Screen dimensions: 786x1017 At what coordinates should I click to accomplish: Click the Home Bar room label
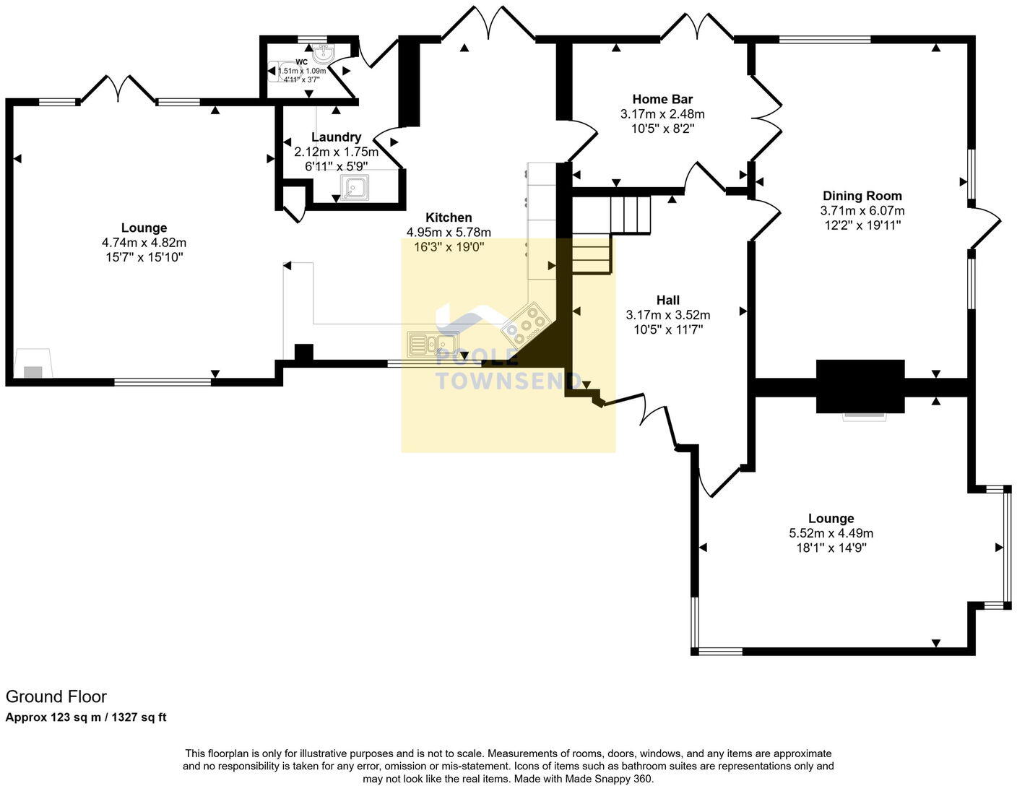662,100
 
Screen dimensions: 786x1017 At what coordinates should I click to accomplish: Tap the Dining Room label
862,196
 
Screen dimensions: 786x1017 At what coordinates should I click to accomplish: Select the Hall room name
667,300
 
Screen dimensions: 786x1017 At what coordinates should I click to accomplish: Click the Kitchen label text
449,217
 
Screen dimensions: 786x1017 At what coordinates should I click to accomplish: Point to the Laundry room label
336,137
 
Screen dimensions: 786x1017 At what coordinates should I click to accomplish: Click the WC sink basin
323,52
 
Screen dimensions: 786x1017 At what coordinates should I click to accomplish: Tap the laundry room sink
354,189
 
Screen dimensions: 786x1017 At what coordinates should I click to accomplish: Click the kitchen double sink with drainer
431,344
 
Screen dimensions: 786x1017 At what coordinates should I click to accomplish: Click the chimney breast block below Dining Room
860,386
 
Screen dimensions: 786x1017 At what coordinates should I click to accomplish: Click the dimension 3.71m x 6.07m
862,211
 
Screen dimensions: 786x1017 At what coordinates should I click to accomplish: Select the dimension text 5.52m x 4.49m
831,533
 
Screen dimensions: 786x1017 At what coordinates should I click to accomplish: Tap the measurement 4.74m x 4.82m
144,243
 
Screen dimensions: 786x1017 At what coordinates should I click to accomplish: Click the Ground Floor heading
56,696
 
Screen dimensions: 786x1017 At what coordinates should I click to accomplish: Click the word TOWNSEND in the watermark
508,381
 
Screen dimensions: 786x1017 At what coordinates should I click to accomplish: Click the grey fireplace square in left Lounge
33,372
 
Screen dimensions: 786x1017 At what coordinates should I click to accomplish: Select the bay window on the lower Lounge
1001,547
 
